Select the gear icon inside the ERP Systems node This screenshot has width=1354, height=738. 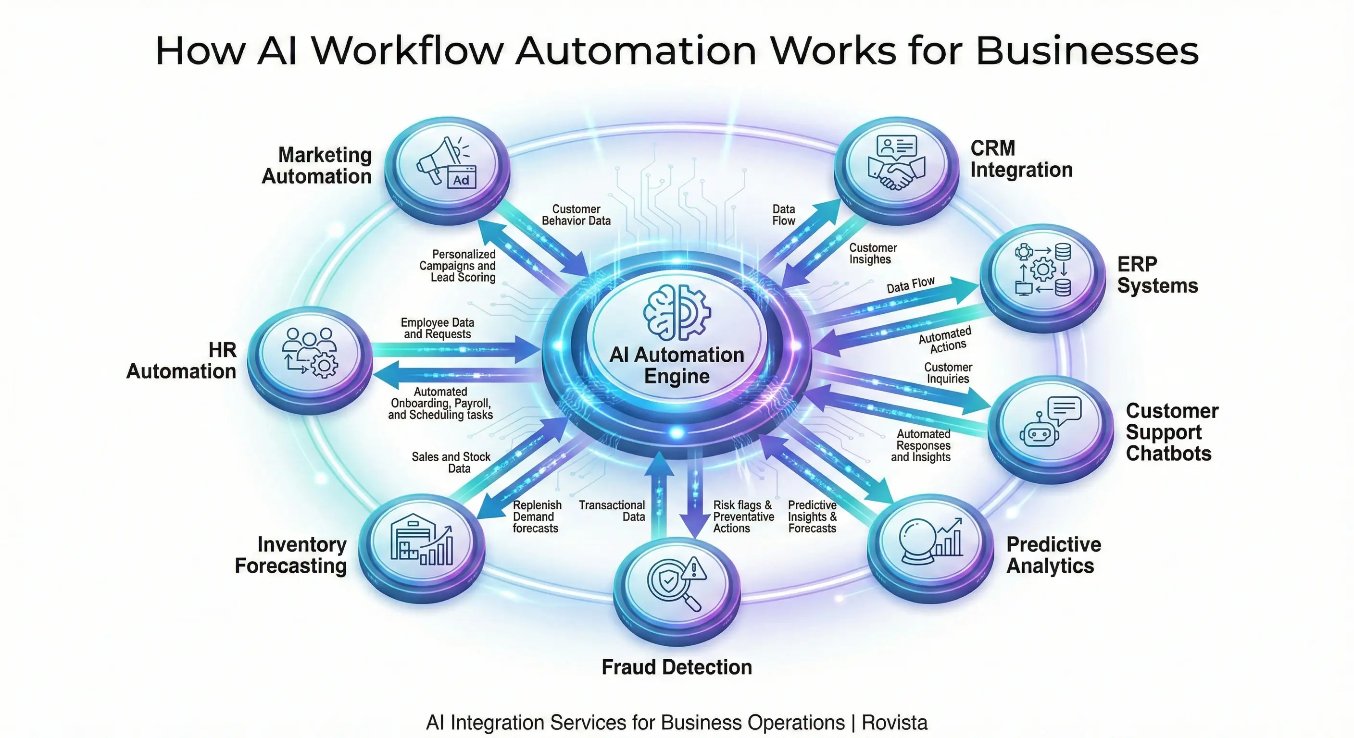click(1043, 270)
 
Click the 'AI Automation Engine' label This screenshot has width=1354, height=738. click(677, 366)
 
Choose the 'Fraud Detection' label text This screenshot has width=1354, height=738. click(677, 667)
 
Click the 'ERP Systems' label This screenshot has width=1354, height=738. click(1157, 275)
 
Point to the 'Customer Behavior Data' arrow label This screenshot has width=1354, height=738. click(576, 215)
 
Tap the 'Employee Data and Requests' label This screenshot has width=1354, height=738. click(438, 328)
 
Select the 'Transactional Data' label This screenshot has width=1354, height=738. click(613, 511)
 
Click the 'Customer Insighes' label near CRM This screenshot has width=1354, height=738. click(873, 253)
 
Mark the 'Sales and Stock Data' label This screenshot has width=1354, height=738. click(451, 462)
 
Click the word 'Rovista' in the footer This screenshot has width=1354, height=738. click(895, 723)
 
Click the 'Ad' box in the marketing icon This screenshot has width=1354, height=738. click(461, 180)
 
